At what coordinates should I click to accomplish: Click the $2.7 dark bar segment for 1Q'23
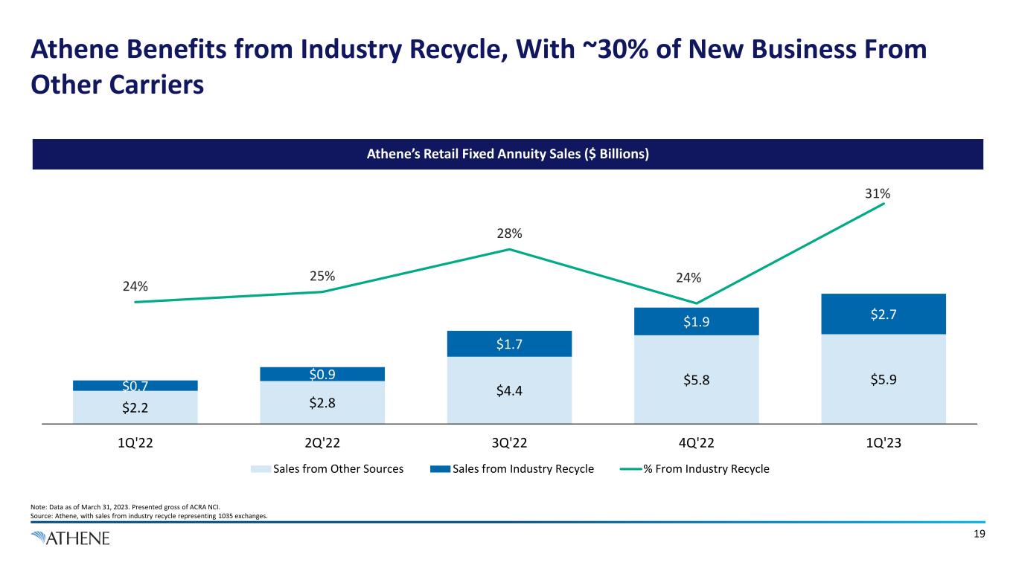pyautogui.click(x=884, y=314)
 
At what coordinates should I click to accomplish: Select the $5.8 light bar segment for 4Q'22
pyautogui.click(x=696, y=379)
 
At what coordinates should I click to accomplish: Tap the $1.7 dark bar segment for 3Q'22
pyautogui.click(x=509, y=343)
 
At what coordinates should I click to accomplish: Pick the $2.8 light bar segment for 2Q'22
pyautogui.click(x=322, y=402)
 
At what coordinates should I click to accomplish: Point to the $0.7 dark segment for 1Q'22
pyautogui.click(x=135, y=385)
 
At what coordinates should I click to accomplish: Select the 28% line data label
pyautogui.click(x=510, y=233)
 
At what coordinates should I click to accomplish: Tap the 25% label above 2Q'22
pyautogui.click(x=322, y=277)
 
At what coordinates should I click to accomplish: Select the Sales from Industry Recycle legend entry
pyautogui.click(x=514, y=469)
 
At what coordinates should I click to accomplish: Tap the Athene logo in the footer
pyautogui.click(x=71, y=538)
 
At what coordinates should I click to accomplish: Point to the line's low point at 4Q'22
pyautogui.click(x=696, y=303)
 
